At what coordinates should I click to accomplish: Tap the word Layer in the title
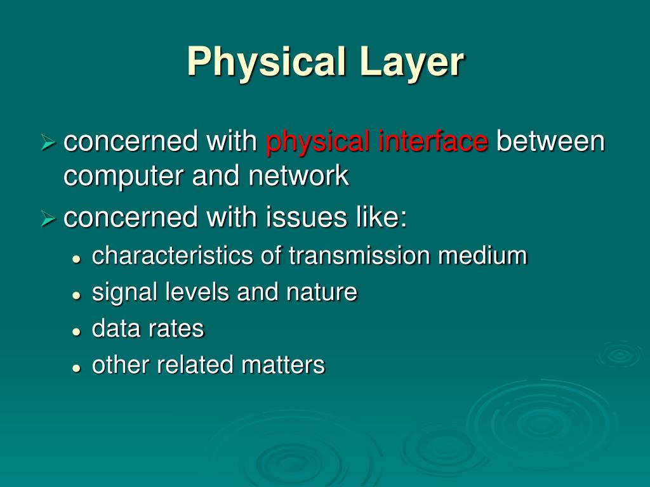pyautogui.click(x=411, y=62)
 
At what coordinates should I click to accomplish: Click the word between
pyautogui.click(x=550, y=141)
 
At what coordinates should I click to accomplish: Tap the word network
pyautogui.click(x=298, y=175)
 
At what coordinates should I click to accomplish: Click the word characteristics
pyautogui.click(x=173, y=256)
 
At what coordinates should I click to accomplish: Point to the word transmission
pyautogui.click(x=360, y=256)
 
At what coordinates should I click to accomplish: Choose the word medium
pyautogui.click(x=482, y=256)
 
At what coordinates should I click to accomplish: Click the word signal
pyautogui.click(x=124, y=293)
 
